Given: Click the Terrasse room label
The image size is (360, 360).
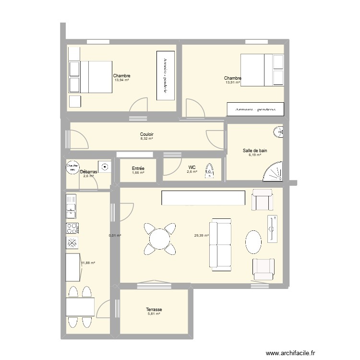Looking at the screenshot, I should [x=154, y=310].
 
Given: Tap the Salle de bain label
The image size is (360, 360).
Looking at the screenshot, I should [x=255, y=151].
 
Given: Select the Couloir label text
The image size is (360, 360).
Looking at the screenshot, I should [x=147, y=134].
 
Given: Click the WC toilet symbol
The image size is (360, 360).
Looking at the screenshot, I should [x=209, y=171].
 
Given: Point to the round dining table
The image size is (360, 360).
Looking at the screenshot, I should [x=159, y=238].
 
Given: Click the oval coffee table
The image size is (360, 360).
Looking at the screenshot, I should [x=253, y=242].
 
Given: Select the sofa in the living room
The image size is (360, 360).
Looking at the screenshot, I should [x=220, y=244].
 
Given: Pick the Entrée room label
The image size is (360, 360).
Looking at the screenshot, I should [x=138, y=168].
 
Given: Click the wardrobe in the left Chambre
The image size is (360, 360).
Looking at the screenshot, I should [x=165, y=75].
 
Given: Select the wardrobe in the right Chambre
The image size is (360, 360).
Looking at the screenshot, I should [x=255, y=109].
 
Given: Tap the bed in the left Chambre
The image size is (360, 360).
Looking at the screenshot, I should [x=91, y=77].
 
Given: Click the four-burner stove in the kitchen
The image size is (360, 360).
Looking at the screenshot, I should [x=72, y=228].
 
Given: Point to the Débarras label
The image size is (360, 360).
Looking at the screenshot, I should [x=88, y=172].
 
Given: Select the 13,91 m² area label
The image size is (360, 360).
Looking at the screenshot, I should [x=232, y=83].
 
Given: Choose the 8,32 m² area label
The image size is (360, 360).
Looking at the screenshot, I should [x=146, y=139].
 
